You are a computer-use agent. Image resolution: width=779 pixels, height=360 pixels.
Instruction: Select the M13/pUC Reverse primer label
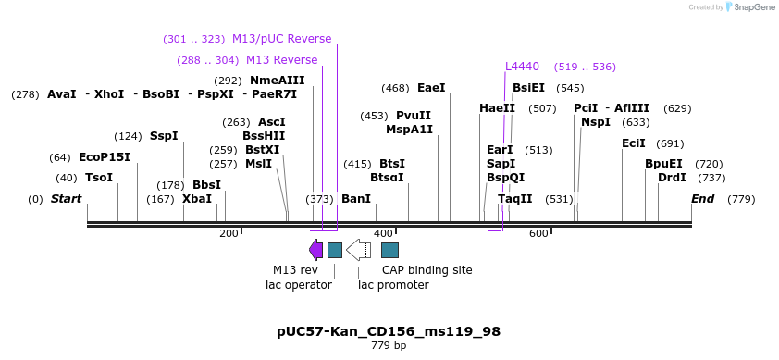[x=281, y=39]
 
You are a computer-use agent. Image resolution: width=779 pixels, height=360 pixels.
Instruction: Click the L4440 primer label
[x=522, y=67]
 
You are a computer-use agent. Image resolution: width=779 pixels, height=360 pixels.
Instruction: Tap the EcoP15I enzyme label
[x=104, y=157]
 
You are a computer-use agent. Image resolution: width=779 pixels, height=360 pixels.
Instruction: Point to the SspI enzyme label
[x=164, y=136]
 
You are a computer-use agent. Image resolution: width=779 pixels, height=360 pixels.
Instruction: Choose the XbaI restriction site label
[x=196, y=198]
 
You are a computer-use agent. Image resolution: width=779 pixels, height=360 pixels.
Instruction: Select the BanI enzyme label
[x=356, y=198]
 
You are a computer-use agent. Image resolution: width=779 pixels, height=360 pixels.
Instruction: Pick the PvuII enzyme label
[x=414, y=116]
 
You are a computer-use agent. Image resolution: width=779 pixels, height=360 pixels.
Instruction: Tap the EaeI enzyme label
[x=431, y=88]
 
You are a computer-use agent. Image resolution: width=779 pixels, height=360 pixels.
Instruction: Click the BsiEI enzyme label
[x=528, y=88]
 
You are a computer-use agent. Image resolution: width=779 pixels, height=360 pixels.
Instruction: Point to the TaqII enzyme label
[x=515, y=198]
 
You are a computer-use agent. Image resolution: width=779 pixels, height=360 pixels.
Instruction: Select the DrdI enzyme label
[x=672, y=178]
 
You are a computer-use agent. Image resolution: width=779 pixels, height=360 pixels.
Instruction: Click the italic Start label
[x=66, y=198]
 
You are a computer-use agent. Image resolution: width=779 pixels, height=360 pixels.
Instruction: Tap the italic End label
[x=702, y=198]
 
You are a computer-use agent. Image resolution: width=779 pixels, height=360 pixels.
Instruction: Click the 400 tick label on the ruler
[x=383, y=234]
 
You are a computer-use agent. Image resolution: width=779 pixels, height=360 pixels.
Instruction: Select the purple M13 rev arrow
[x=315, y=250]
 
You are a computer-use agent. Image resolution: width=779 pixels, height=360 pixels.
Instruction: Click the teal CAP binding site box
[x=389, y=250]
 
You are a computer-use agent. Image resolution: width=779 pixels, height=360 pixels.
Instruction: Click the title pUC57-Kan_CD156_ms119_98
[x=389, y=330]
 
